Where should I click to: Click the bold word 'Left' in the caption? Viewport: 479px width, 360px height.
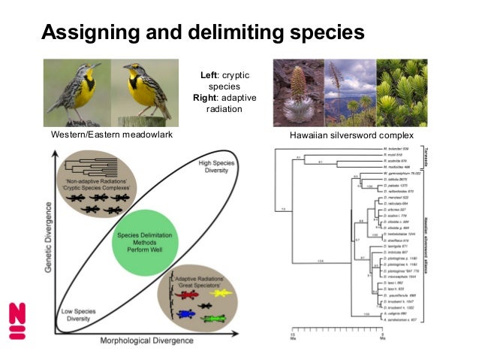coord(209,75)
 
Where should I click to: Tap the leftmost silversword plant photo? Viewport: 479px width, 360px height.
coord(298,93)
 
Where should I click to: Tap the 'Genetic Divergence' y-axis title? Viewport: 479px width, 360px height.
coord(47,240)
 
